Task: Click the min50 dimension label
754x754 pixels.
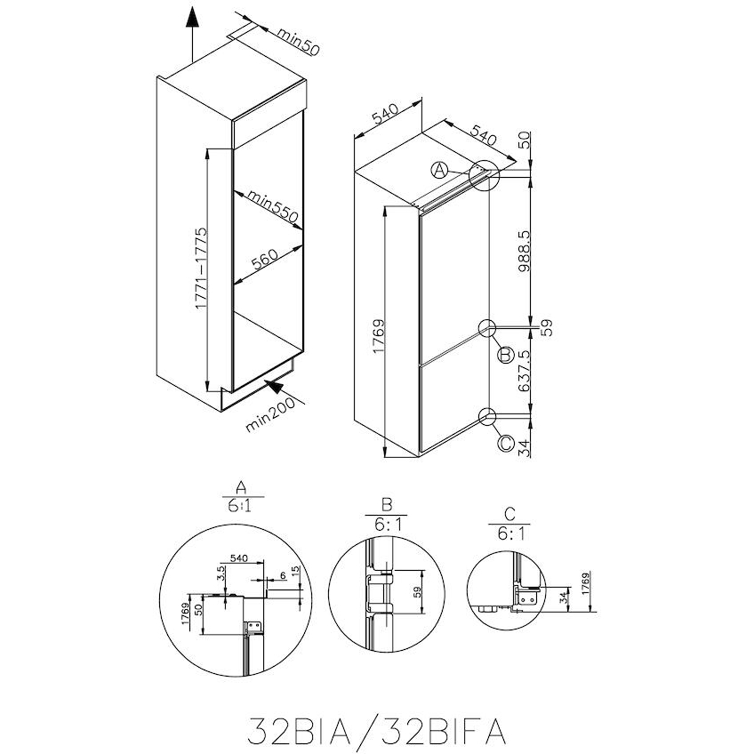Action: [x=297, y=41]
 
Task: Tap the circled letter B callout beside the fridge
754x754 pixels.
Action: [x=505, y=356]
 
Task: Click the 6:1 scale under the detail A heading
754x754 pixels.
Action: [x=239, y=507]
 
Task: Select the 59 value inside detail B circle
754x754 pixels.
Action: [x=417, y=594]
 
